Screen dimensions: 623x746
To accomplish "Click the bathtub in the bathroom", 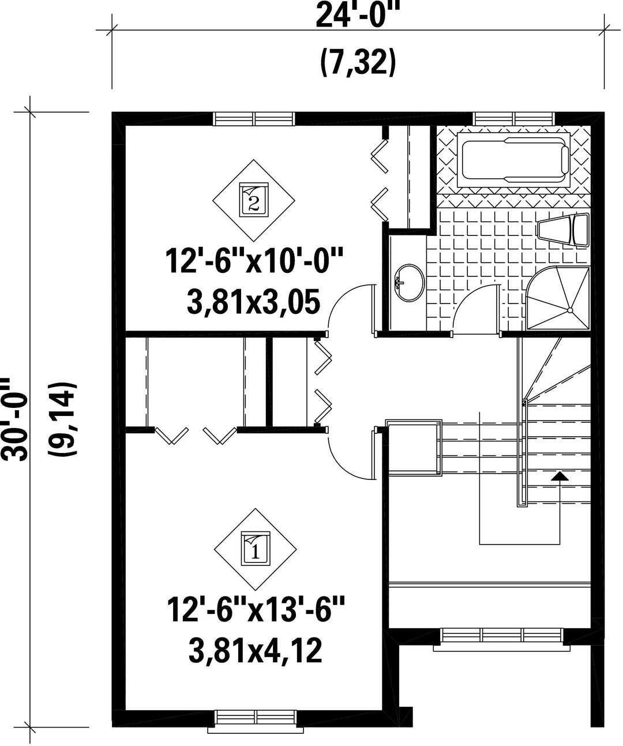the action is point(513,160).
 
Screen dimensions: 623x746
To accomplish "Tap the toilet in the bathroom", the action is point(562,230).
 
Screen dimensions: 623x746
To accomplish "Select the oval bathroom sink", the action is point(410,282).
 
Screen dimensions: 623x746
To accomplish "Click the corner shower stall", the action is point(558,298).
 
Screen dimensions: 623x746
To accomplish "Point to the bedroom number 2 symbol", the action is point(254,200).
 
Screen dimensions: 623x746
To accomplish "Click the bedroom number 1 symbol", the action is point(255,549).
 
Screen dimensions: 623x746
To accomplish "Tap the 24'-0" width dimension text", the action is point(358,16).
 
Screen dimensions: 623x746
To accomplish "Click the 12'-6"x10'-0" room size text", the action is point(254,262).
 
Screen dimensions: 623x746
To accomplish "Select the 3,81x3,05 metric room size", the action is point(253,302).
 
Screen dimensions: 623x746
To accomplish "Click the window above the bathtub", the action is point(514,119).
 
